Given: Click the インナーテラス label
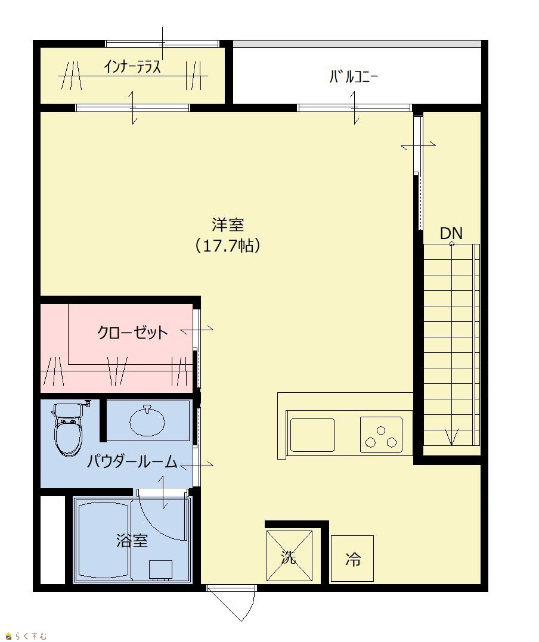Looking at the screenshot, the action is [132, 66].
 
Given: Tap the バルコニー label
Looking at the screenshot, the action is [354, 77].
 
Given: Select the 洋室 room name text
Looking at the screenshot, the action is [228, 225].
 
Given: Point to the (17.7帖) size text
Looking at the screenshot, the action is [228, 246].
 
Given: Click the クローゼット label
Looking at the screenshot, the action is [132, 332].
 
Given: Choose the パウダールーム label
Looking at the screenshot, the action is [132, 462].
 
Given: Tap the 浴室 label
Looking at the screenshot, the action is [132, 541].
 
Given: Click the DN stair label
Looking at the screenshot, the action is [451, 234].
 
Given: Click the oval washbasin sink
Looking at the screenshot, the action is [147, 421].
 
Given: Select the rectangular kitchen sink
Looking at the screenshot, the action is [312, 435].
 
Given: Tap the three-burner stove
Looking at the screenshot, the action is [381, 435].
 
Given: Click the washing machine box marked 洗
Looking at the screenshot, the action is [289, 556].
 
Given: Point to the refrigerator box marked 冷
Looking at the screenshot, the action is [352, 559].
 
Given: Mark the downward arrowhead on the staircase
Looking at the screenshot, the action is [451, 438].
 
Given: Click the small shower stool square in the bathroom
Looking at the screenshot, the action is [160, 569].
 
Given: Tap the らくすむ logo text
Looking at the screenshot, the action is [31, 636].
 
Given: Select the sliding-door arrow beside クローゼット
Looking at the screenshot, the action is [197, 329].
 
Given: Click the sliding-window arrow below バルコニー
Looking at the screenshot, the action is [354, 108].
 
